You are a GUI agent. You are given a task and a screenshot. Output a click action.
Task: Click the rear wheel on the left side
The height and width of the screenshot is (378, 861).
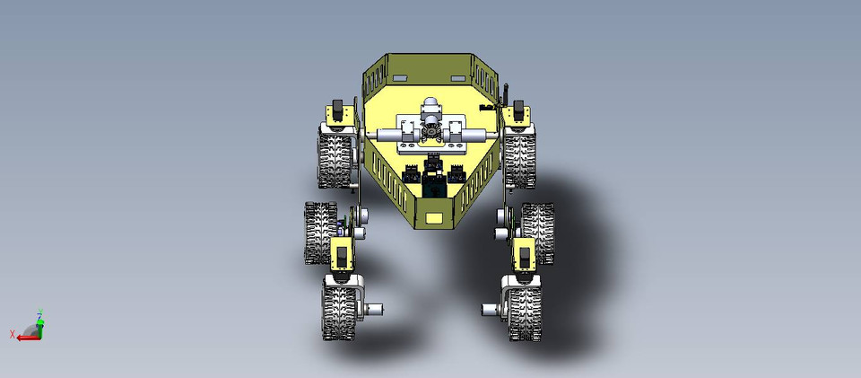coord(336,157)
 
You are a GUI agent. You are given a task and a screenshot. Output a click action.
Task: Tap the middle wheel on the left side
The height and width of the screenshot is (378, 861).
coord(319,232)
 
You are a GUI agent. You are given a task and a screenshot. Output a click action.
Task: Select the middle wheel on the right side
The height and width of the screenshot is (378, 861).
coord(538,233)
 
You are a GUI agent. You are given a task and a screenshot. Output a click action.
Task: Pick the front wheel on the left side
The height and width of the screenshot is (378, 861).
coord(340,310)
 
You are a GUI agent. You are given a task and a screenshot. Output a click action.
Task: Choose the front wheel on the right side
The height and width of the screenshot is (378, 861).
coord(525,310)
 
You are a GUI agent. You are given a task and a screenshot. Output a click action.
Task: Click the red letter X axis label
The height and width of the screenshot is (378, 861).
coord(12,335)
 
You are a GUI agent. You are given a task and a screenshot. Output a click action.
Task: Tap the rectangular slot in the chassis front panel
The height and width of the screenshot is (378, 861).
coord(434,216)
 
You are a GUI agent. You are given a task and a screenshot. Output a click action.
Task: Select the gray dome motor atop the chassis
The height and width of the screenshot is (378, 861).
coord(430,106)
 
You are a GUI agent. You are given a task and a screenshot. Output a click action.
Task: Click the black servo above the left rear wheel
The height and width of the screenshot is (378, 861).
coord(337,111)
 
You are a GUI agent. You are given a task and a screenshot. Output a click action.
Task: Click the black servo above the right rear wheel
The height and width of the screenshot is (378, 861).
coord(517,110)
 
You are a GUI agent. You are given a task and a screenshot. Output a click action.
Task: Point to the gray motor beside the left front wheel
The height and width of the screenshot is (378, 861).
coord(372,310)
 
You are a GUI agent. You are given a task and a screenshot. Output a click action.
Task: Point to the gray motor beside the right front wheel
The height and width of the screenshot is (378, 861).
coord(491,311)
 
